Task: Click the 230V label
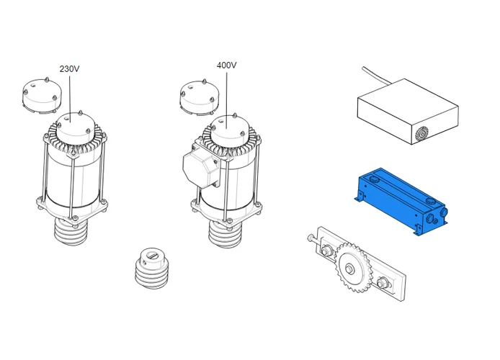click(x=69, y=69)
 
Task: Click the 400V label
click(x=226, y=66)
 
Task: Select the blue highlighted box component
click(x=401, y=202)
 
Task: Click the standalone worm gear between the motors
click(x=152, y=269)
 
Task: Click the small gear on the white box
click(x=421, y=134)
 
